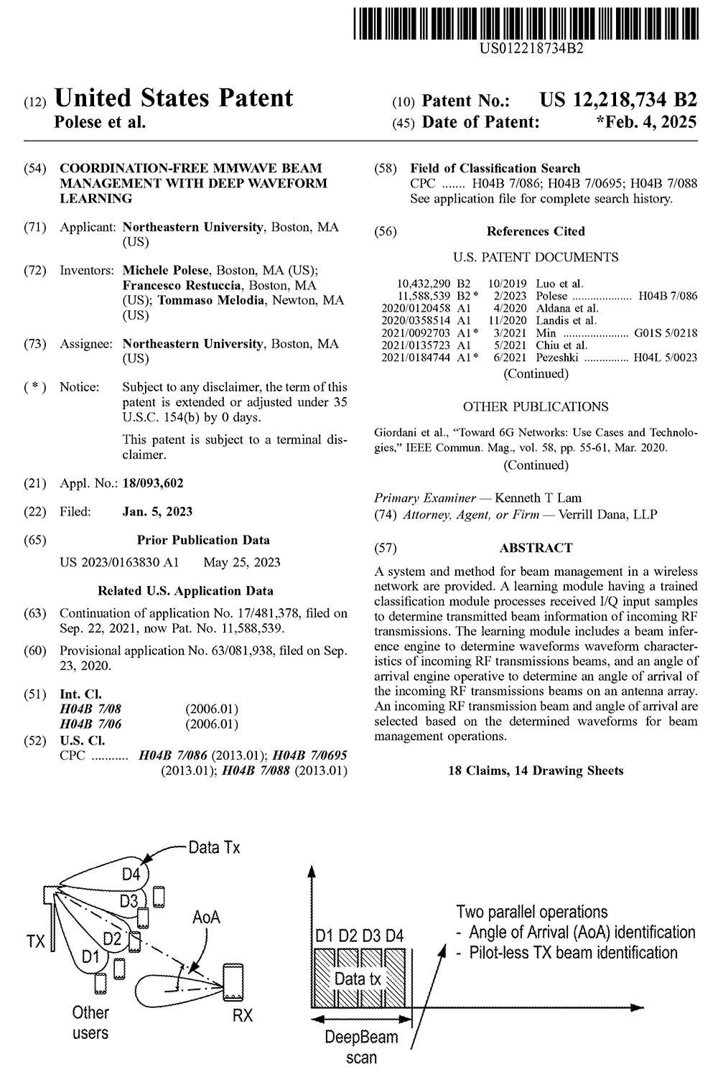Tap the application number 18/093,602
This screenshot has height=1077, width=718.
153,483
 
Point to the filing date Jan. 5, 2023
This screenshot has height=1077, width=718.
157,512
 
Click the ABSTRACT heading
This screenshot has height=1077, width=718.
536,548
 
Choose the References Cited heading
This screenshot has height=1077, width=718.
536,231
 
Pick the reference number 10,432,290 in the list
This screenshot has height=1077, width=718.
424,284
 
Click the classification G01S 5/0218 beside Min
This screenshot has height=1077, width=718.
666,333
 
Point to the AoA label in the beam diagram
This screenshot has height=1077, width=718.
206,917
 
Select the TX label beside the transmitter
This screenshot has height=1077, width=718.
36,941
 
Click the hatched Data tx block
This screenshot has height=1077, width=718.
358,979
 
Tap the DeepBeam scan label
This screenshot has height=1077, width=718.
361,1047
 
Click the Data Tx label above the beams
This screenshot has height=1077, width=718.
214,847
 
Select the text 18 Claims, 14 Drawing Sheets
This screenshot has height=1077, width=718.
536,770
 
